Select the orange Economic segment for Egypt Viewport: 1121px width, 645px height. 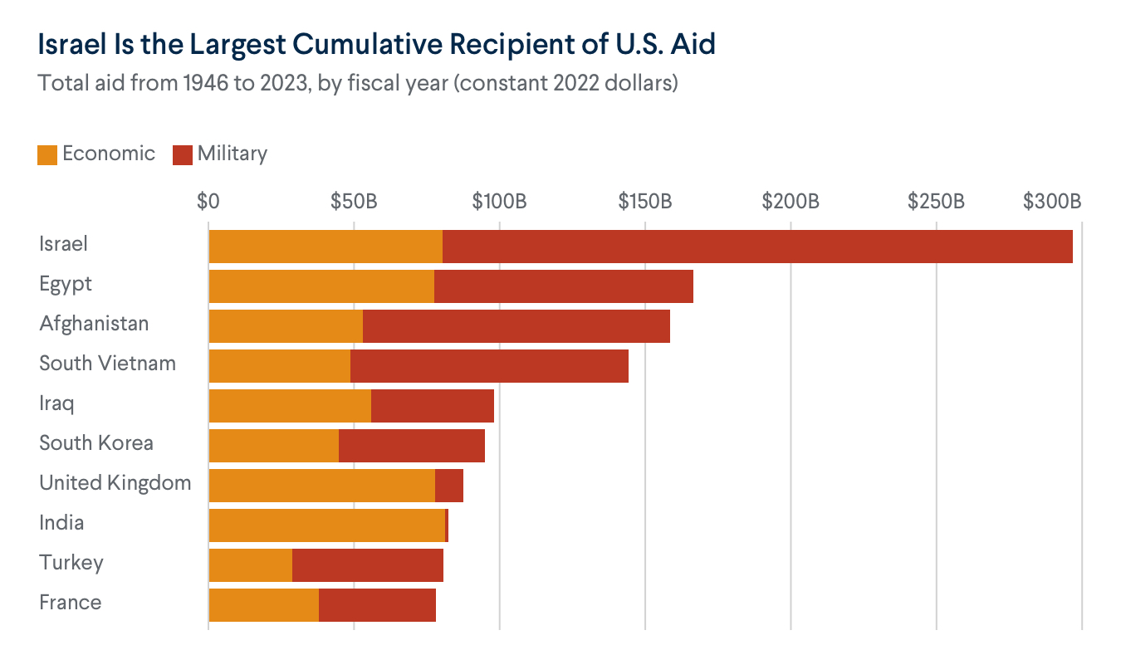point(321,286)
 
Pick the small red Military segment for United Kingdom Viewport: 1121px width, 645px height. point(449,486)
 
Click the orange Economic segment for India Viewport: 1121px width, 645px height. point(327,525)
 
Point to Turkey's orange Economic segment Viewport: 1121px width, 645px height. point(251,565)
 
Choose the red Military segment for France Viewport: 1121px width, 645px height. point(377,605)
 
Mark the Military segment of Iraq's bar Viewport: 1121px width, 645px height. point(433,406)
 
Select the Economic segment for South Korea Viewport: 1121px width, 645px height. point(274,446)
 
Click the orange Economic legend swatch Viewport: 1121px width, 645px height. point(47,154)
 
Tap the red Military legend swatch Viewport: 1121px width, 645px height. point(183,154)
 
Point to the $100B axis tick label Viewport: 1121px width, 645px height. point(499,202)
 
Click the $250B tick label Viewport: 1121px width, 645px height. point(936,202)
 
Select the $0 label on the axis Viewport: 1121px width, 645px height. point(208,202)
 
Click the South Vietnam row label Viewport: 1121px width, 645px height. point(108,364)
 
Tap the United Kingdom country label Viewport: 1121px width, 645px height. point(115,483)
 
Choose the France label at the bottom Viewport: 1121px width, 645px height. point(71,603)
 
